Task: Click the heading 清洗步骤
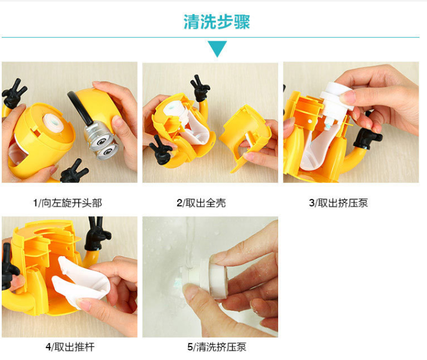[x=217, y=22]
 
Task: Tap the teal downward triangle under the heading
[x=217, y=48]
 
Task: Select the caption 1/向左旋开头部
[x=67, y=203]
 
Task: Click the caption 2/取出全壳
[x=201, y=203]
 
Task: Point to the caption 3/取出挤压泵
[x=338, y=203]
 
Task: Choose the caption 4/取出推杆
[x=70, y=347]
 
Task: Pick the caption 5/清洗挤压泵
[x=217, y=347]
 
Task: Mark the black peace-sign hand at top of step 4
[x=97, y=234]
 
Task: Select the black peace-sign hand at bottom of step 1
[x=73, y=172]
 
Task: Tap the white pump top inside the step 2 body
[x=175, y=109]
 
